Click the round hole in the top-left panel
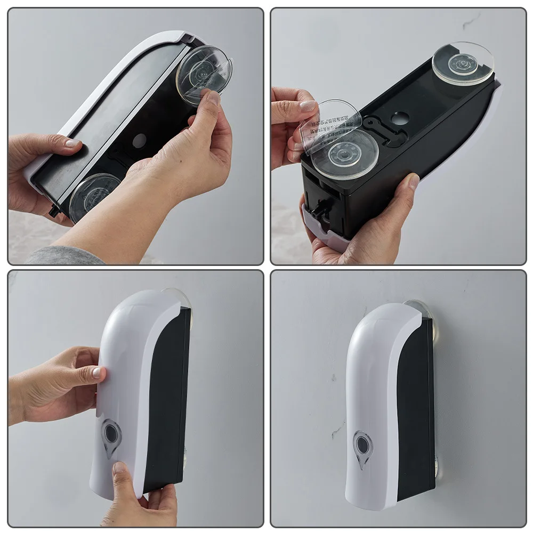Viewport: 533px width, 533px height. pos(139,141)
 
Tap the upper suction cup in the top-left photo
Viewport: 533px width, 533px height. pos(204,74)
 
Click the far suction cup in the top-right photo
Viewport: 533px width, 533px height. pos(463,63)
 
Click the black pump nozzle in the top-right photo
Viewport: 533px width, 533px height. pos(319,216)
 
